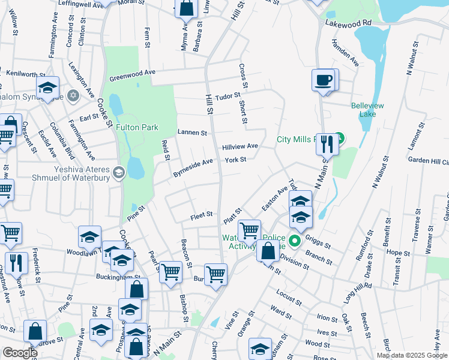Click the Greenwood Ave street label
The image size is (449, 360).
[x=132, y=76]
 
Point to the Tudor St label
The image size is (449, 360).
[x=228, y=95]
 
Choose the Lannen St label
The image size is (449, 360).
[x=192, y=133]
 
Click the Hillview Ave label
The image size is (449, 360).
[x=240, y=146]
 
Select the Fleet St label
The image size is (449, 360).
[x=202, y=214]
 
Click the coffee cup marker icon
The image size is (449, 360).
[x=323, y=79]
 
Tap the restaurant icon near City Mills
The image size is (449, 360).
[x=326, y=143]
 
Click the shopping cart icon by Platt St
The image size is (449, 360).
[x=249, y=230]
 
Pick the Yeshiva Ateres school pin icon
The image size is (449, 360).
[x=118, y=173]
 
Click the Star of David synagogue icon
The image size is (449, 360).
[x=73, y=95]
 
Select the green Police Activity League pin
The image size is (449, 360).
[x=294, y=241]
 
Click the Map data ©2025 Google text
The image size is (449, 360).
[x=411, y=355]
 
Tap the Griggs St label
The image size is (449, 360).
[x=318, y=242]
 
